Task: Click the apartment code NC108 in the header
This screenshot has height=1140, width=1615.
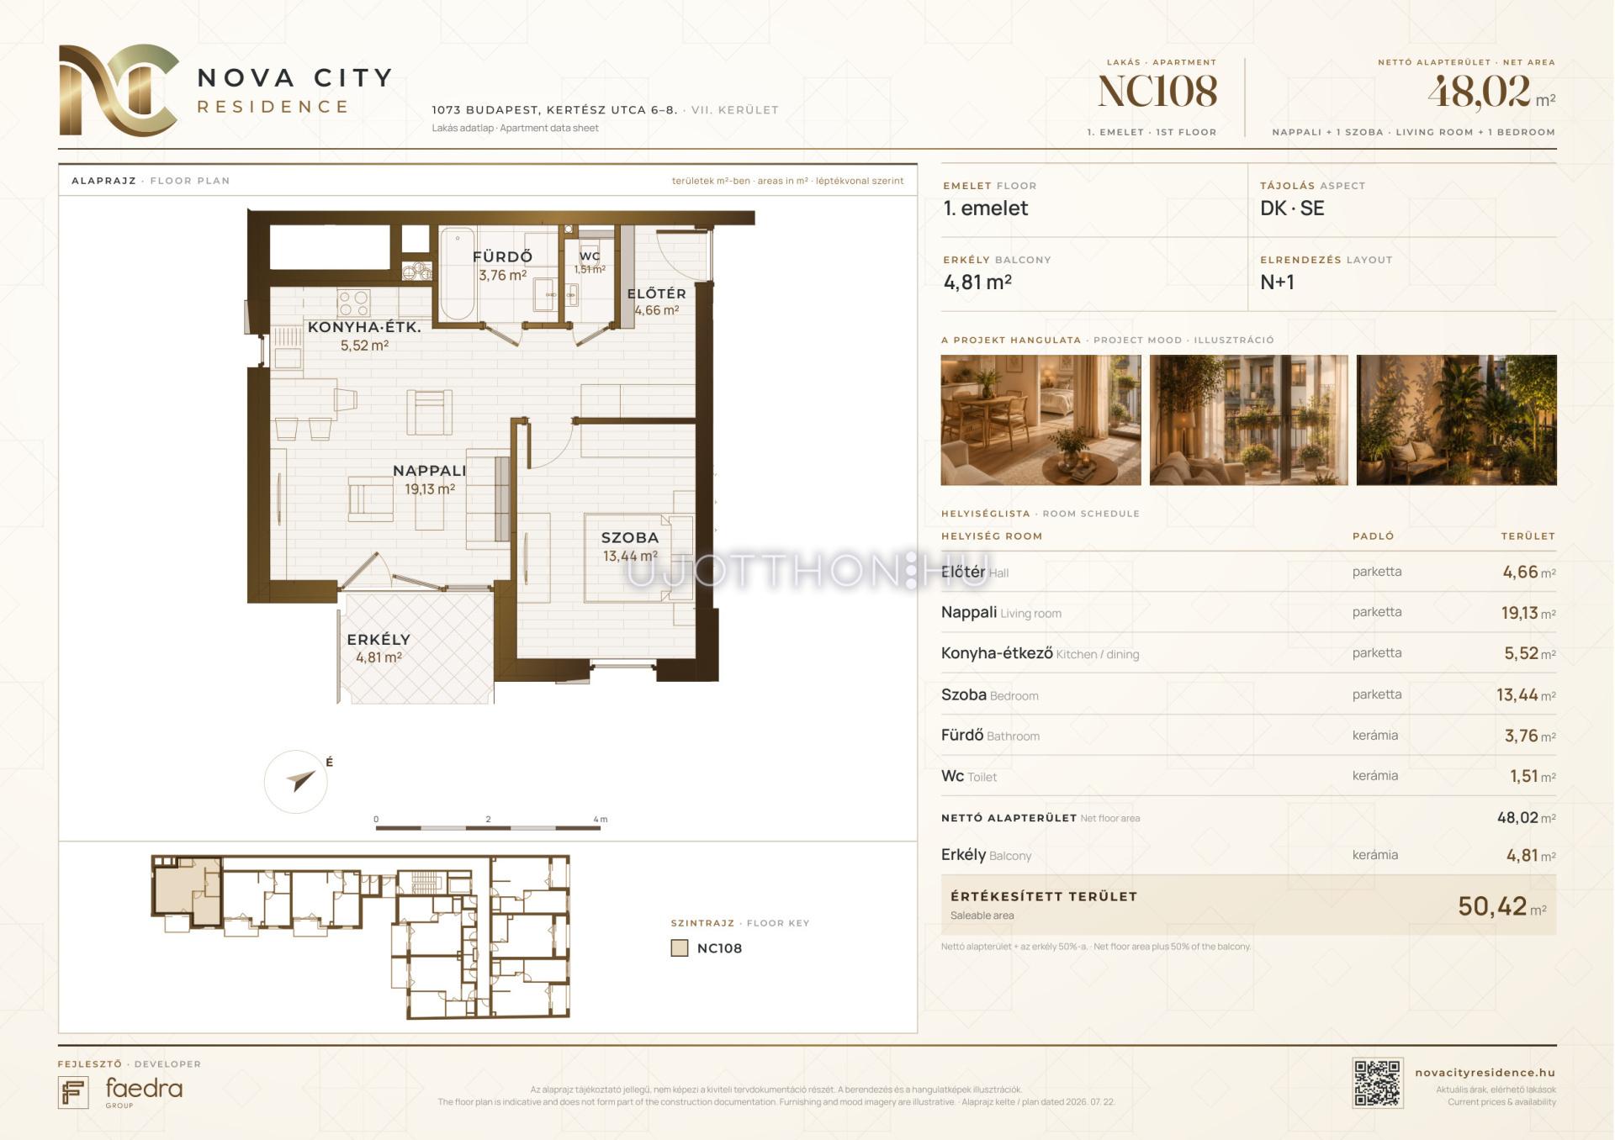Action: [1157, 92]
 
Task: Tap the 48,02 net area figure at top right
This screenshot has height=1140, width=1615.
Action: [1478, 92]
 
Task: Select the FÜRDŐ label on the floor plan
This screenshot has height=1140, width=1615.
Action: [502, 256]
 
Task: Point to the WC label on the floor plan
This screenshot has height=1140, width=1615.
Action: [590, 256]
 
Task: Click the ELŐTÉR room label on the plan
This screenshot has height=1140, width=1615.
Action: [656, 293]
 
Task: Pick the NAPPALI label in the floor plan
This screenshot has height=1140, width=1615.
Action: [429, 471]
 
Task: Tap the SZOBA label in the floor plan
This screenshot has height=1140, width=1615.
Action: [630, 538]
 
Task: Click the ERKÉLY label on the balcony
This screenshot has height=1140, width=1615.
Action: [379, 640]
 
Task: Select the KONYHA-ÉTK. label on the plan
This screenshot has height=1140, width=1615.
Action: [364, 327]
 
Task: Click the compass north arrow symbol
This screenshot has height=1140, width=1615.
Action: [299, 781]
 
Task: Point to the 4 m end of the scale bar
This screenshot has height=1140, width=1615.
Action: [600, 828]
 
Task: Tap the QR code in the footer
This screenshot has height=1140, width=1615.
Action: [1377, 1083]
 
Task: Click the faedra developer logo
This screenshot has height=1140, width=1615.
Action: [120, 1091]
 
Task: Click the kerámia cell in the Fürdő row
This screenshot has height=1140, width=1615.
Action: [1375, 735]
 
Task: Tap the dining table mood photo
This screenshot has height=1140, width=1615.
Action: [1040, 420]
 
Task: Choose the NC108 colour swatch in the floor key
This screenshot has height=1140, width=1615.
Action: [680, 948]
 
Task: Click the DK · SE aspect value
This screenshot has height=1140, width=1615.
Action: [1292, 208]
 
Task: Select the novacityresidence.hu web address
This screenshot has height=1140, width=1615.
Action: [1485, 1073]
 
